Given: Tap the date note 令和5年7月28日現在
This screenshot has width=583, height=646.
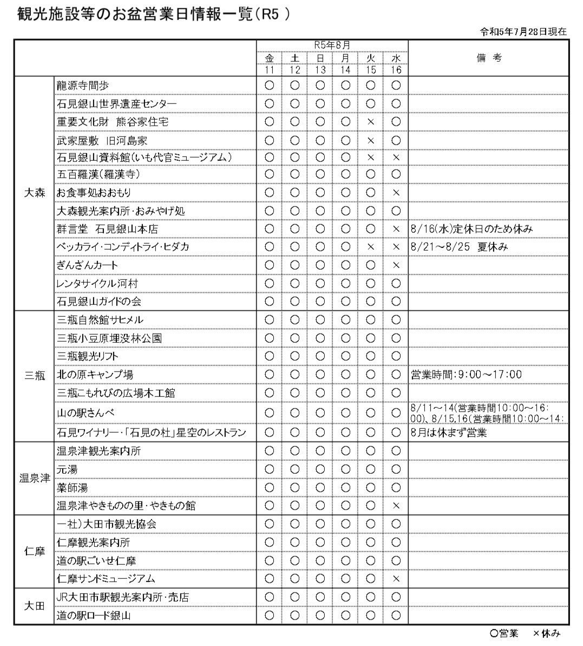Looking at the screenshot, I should pos(523,31).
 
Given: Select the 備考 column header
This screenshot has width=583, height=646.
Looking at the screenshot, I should pos(489,58).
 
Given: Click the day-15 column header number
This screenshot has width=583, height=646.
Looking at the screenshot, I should pos(371,70).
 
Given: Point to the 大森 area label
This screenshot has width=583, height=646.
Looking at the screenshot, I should pos(35,193).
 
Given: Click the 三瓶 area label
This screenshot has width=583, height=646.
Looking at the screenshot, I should pos(35,375).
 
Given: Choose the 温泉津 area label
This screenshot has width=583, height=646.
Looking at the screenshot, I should pos(35,478).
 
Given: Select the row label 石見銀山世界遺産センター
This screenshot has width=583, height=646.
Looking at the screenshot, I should pos(116,103).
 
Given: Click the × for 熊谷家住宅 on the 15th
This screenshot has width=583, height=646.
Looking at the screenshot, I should pos(371,122).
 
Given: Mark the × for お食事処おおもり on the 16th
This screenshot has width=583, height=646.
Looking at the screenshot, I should pos(396,193).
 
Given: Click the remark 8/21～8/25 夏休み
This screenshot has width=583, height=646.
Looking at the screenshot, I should pos(460,247).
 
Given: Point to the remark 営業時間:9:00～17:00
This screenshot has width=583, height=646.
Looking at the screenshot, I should pos(466,375).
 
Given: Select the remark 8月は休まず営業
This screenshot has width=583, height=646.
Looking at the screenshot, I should pos(449,433).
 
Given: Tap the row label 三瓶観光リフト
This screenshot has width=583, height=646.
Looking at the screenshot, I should pos(87,356).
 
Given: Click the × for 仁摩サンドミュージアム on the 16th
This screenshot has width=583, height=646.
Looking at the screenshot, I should pos(396,579).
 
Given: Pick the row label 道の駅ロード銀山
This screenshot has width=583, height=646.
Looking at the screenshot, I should pos(94,615).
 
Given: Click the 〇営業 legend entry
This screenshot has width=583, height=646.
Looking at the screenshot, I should pos(504,633).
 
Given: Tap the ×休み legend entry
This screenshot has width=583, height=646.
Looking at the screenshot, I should pos(546,633).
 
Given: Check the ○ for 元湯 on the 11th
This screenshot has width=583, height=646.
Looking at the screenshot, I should pos(270,469).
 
